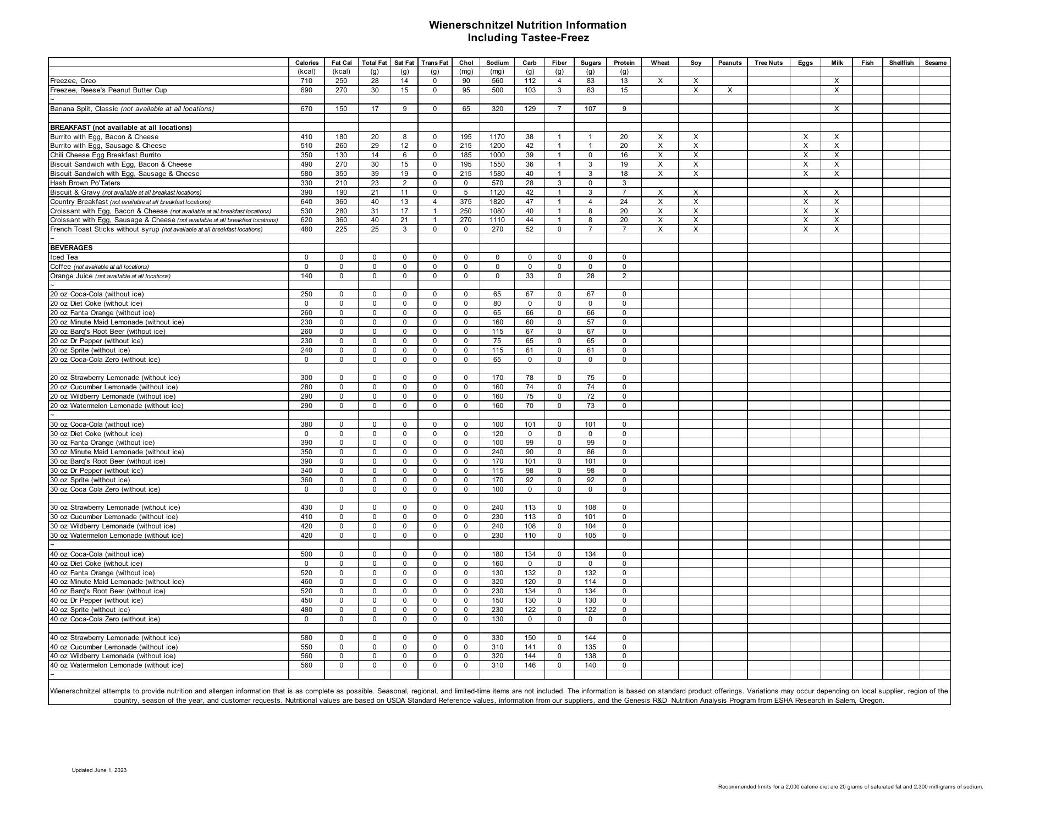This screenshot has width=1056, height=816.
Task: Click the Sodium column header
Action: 497,63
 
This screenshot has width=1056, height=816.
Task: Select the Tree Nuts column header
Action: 768,63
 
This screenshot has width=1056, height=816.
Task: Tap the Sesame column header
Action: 935,63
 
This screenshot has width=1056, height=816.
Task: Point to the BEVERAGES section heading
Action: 71,248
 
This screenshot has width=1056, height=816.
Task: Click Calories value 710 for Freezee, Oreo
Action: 306,81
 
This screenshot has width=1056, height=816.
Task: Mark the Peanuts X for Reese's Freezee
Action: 729,90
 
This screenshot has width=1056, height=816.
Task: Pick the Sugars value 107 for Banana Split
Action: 590,109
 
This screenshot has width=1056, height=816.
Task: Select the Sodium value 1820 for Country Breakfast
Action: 497,202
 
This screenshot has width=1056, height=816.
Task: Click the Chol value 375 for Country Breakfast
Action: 466,202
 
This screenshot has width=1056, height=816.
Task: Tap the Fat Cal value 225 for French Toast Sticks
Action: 341,229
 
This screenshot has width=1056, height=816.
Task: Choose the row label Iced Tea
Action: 64,257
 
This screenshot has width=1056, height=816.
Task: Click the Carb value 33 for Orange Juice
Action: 530,276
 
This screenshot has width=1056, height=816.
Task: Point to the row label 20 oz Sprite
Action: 90,350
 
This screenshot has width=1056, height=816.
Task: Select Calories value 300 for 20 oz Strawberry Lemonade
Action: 306,378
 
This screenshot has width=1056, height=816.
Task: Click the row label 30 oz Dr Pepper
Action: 96,471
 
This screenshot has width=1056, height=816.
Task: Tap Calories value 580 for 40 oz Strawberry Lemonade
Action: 306,638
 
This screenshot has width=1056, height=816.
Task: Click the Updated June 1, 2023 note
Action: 99,770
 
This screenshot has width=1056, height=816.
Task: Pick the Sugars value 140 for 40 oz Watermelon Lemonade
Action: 590,665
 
